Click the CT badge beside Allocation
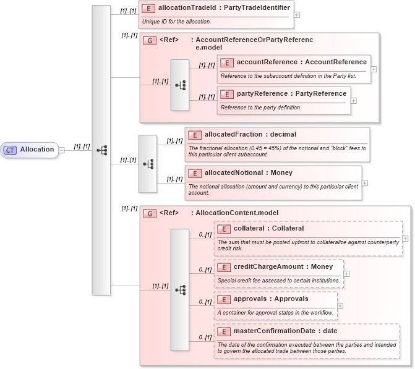(11, 150)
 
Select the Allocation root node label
(37, 150)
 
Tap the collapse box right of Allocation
(61, 150)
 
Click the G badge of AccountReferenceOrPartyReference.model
(149, 41)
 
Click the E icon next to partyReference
(226, 94)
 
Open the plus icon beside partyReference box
(354, 100)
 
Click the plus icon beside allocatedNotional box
(365, 183)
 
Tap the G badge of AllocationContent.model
(149, 213)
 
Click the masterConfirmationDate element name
(285, 331)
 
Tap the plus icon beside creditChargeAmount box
(346, 273)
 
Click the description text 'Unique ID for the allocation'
(176, 22)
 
